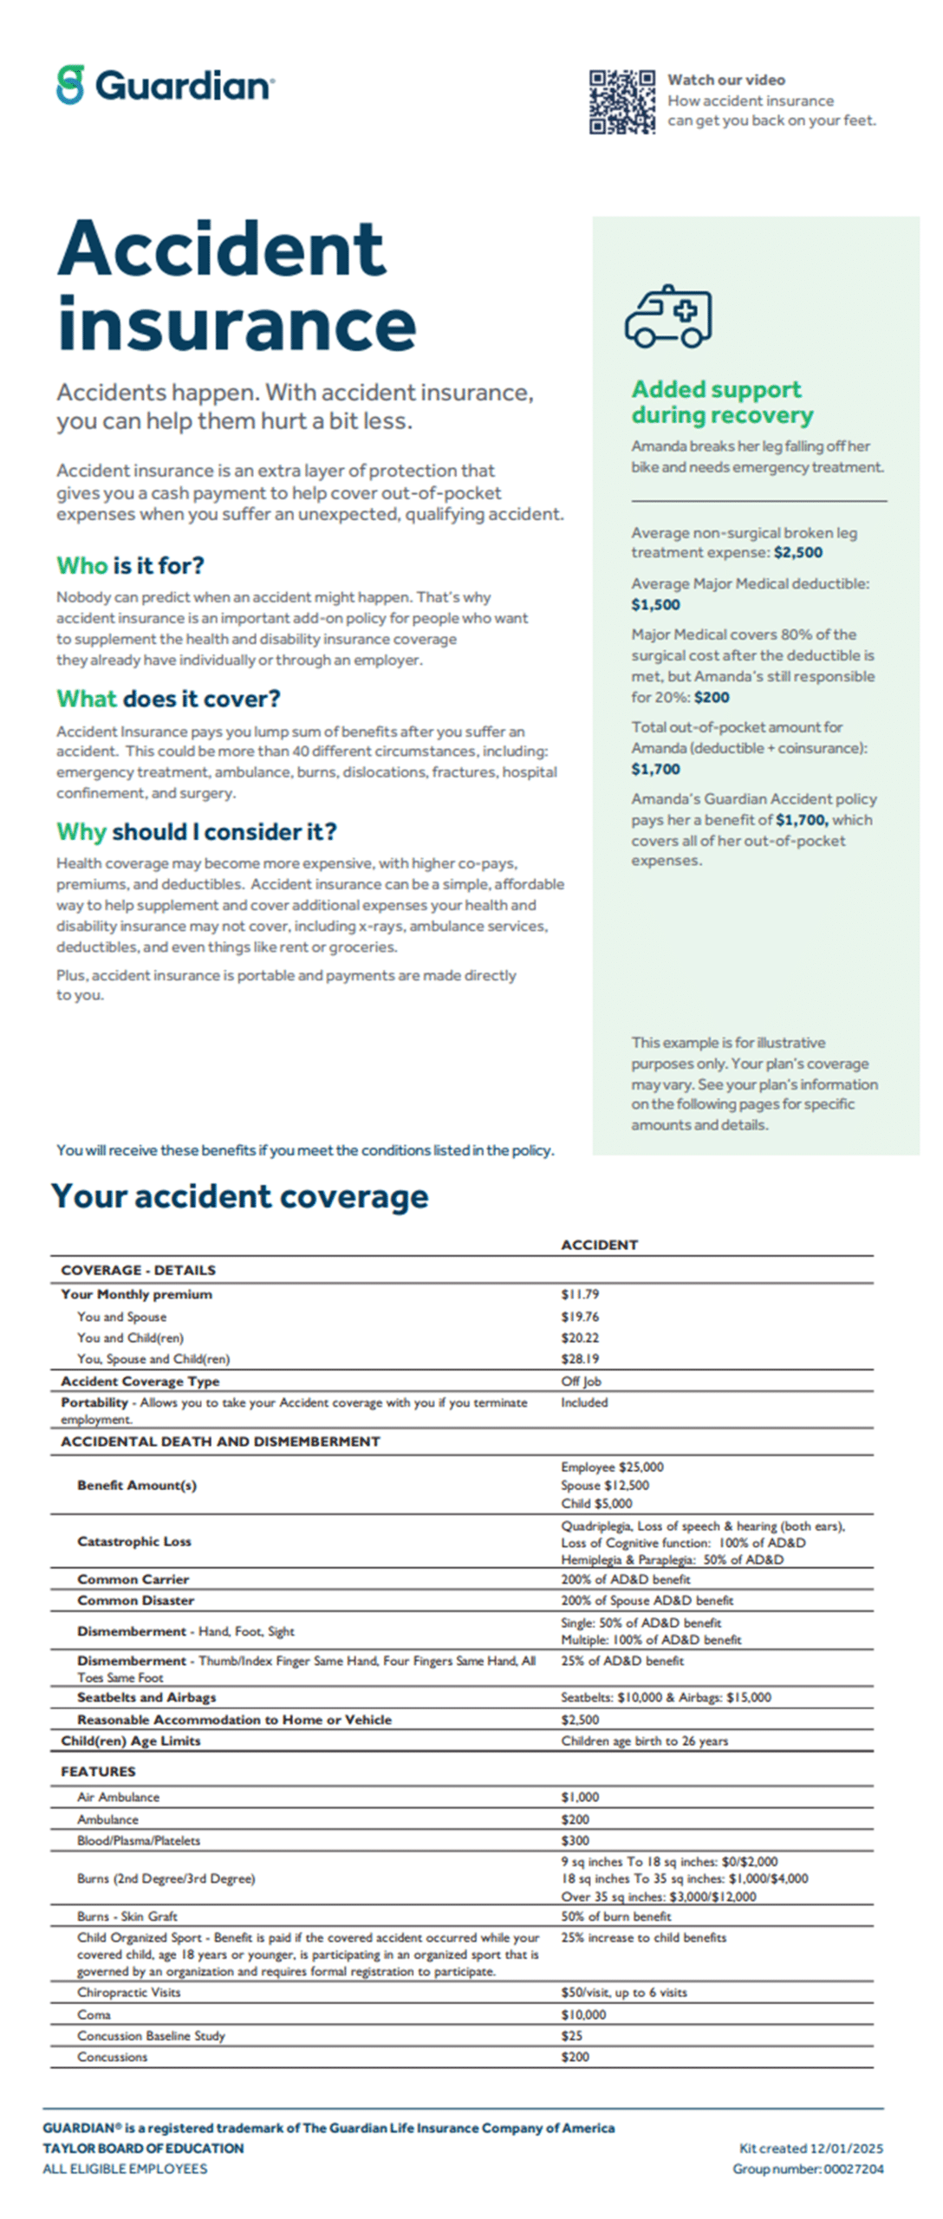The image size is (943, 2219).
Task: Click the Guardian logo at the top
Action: pyautogui.click(x=165, y=85)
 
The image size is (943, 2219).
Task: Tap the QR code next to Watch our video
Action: pyautogui.click(x=621, y=102)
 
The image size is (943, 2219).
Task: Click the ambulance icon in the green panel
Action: pyautogui.click(x=668, y=316)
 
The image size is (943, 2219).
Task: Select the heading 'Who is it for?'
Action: pyautogui.click(x=130, y=566)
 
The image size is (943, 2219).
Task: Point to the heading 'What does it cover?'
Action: pyautogui.click(x=168, y=699)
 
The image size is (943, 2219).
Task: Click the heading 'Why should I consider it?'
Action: pyautogui.click(x=196, y=832)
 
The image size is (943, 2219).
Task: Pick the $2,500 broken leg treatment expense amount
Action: pyautogui.click(x=798, y=553)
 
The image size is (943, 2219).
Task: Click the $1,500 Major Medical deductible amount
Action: pyautogui.click(x=655, y=605)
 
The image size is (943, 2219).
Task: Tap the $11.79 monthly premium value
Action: pyautogui.click(x=580, y=1294)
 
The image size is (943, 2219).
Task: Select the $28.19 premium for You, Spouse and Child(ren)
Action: pyautogui.click(x=580, y=1359)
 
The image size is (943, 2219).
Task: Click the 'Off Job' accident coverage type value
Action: pyautogui.click(x=581, y=1382)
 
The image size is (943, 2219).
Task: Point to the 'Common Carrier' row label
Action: pyautogui.click(x=133, y=1579)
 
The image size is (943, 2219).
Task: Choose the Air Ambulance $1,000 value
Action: pyautogui.click(x=580, y=1798)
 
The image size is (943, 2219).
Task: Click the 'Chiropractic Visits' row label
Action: pyautogui.click(x=128, y=1993)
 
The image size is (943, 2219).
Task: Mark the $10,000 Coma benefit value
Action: pyautogui.click(x=583, y=2015)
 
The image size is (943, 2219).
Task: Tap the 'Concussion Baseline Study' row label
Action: pyautogui.click(x=151, y=2036)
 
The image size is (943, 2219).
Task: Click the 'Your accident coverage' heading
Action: pyautogui.click(x=239, y=1196)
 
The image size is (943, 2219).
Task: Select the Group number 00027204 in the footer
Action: pyautogui.click(x=808, y=2169)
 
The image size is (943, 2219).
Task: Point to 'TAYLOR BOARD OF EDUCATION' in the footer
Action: pyautogui.click(x=143, y=2149)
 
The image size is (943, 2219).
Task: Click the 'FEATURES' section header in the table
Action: pyautogui.click(x=98, y=1772)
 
